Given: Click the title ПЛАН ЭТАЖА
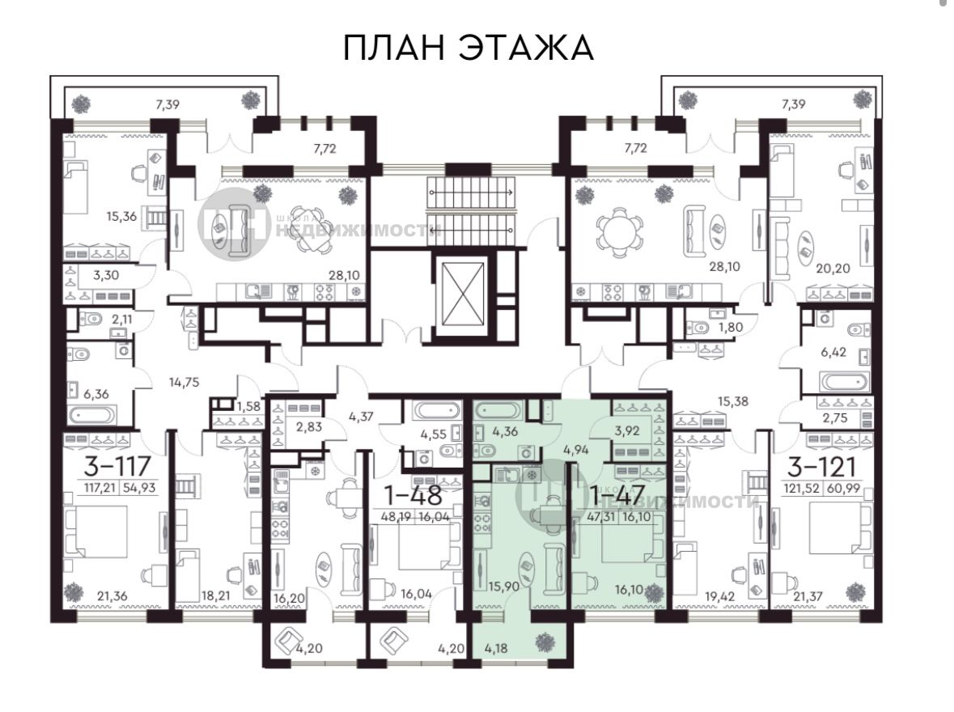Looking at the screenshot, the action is point(469,48).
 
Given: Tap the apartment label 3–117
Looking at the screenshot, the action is point(117,466).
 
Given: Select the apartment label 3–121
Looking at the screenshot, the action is point(821,467).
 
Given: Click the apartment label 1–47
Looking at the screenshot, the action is point(617,495).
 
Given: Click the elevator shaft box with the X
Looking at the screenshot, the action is point(465,294).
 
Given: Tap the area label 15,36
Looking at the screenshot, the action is point(121,216).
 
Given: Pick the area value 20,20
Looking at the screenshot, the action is point(833,268).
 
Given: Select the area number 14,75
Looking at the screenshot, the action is point(184,382).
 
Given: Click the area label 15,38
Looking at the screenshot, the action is point(732,401).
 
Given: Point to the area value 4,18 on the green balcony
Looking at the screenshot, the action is point(496,648).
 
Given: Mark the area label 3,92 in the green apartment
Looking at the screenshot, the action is point(627,431).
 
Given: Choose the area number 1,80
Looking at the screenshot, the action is point(731,327).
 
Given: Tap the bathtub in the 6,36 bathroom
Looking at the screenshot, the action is point(92,416).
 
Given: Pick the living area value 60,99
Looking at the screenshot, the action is point(844,488).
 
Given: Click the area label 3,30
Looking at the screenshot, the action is point(106,275).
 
